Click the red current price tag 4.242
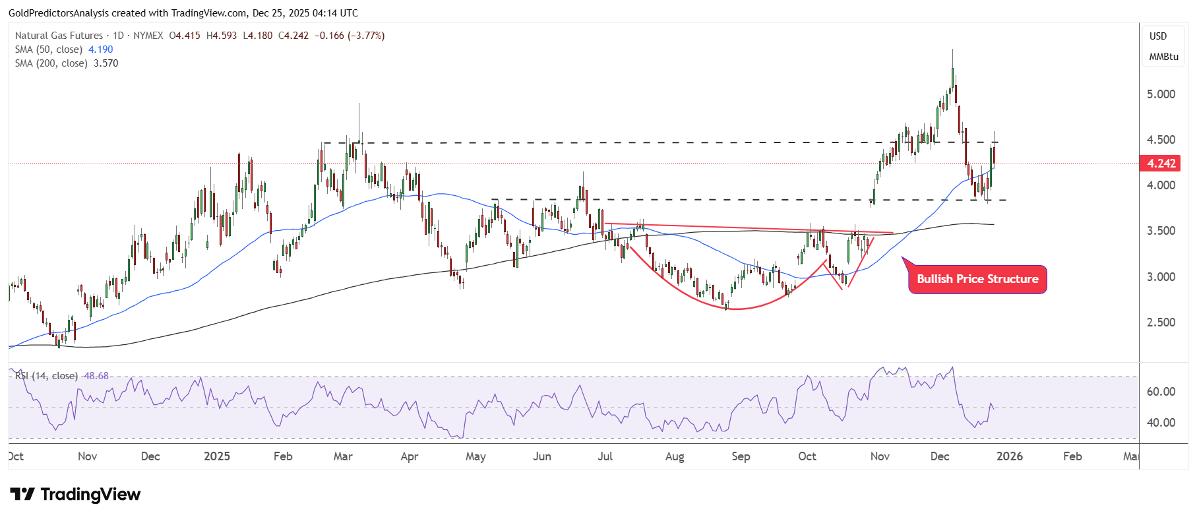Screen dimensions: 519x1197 pyautogui.click(x=1160, y=164)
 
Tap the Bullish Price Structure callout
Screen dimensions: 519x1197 pyautogui.click(x=977, y=280)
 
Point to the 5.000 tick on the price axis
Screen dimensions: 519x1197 pyautogui.click(x=1161, y=94)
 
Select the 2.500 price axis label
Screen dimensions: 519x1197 pyautogui.click(x=1161, y=322)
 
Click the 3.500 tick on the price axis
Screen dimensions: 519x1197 pyautogui.click(x=1161, y=231)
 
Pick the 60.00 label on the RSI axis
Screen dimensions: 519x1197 pyautogui.click(x=1161, y=392)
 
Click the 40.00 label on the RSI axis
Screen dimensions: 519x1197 pyautogui.click(x=1161, y=423)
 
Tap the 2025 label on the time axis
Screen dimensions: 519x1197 pyautogui.click(x=217, y=456)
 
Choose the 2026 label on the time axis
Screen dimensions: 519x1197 pyautogui.click(x=1010, y=456)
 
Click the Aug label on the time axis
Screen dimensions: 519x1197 pyautogui.click(x=675, y=456)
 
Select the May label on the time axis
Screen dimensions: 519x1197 pyautogui.click(x=476, y=456)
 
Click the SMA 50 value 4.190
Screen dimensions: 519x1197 pyautogui.click(x=101, y=49)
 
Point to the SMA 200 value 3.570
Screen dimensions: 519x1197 pyautogui.click(x=106, y=63)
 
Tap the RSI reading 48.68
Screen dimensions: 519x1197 pyautogui.click(x=96, y=376)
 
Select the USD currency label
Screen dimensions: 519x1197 pyautogui.click(x=1158, y=36)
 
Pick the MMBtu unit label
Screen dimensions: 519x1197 pyautogui.click(x=1163, y=57)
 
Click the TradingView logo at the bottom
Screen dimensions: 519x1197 pyautogui.click(x=75, y=495)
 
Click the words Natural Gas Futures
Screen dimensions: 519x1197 pyautogui.click(x=59, y=36)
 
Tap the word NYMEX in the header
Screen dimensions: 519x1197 pyautogui.click(x=148, y=36)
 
